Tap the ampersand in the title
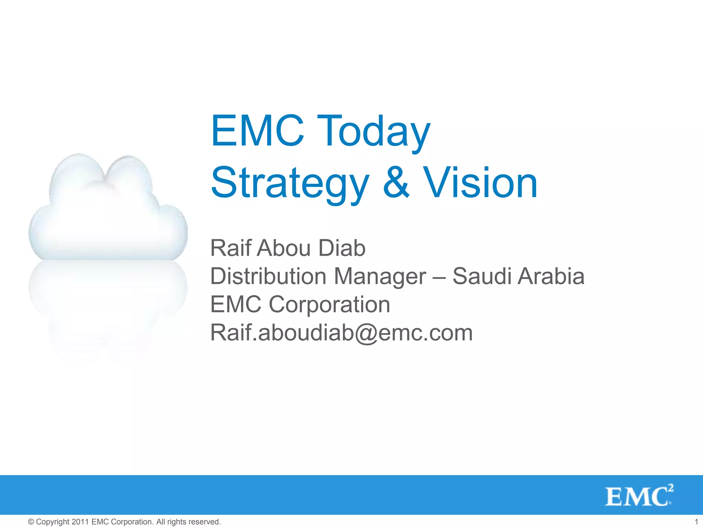(x=396, y=183)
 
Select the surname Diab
(x=342, y=248)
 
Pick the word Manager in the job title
(x=380, y=277)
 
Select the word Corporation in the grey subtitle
(x=329, y=305)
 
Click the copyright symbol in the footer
(x=31, y=522)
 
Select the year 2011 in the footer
(x=80, y=522)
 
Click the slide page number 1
(x=696, y=522)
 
